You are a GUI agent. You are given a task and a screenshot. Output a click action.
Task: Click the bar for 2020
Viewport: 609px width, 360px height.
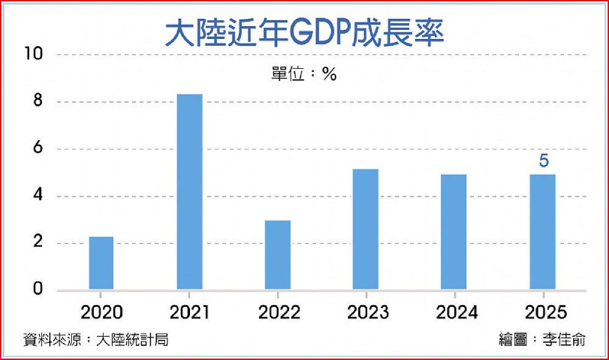[x=101, y=263]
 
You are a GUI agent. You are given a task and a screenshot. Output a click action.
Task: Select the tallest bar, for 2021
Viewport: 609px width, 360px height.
[x=189, y=191]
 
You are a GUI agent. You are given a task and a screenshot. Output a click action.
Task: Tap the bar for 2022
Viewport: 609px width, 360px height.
[x=278, y=255]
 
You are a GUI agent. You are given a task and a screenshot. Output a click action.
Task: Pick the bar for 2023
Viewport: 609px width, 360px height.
[x=365, y=229]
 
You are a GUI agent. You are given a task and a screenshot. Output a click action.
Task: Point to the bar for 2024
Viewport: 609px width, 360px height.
[x=454, y=231]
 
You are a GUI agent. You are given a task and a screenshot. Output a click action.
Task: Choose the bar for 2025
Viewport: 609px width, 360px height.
[x=543, y=231]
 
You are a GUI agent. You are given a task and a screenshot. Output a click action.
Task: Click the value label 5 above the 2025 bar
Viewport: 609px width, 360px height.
[x=544, y=162]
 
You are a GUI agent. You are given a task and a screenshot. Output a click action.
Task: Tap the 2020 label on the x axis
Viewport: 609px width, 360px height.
[x=102, y=312]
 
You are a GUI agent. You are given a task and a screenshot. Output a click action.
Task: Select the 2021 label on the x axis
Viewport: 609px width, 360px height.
[x=189, y=312]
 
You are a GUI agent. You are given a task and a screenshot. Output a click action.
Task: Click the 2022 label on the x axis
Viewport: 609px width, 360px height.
[x=278, y=312]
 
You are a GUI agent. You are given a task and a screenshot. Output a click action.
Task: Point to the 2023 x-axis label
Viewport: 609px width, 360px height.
[x=367, y=312]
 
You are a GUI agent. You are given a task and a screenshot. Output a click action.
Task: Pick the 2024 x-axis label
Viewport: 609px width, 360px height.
[x=456, y=312]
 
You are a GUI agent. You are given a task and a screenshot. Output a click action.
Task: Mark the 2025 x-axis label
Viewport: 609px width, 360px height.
[x=544, y=312]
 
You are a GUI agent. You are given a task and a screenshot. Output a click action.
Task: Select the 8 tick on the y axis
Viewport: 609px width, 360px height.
[x=38, y=101]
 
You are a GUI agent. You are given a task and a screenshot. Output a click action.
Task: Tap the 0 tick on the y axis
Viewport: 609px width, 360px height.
[x=38, y=289]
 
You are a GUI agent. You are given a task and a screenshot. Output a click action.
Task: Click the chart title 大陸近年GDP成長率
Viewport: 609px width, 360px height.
[x=304, y=34]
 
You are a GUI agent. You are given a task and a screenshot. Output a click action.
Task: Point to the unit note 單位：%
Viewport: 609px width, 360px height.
[x=304, y=74]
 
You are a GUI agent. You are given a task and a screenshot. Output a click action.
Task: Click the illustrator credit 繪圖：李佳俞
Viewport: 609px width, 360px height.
[x=541, y=340]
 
